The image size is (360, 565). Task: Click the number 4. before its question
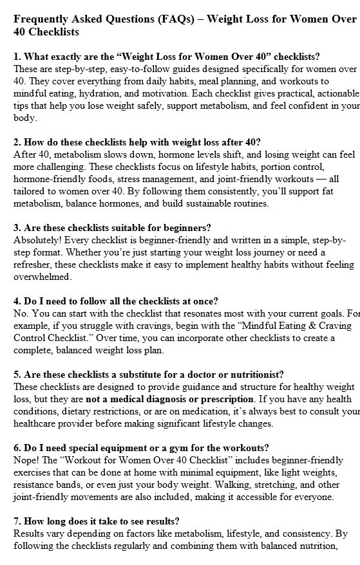tap(17, 301)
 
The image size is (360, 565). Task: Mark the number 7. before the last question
tap(17, 521)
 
